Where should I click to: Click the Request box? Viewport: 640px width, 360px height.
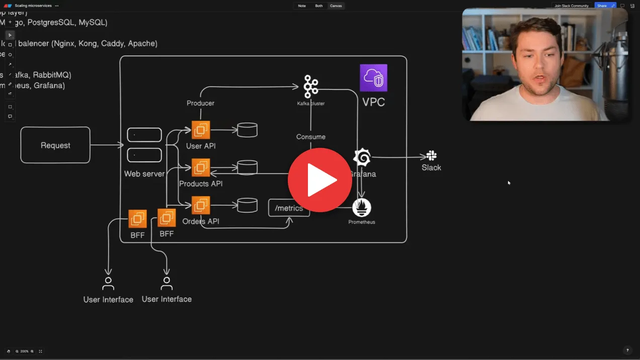click(55, 145)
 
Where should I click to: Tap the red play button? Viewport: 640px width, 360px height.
click(320, 180)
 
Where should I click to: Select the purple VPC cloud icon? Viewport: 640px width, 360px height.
click(373, 78)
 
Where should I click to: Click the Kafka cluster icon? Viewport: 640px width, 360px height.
click(311, 86)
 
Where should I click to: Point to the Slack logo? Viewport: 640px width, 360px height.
click(431, 156)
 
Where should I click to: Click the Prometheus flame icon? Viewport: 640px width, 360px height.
click(361, 208)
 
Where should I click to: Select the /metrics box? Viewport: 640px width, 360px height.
click(289, 208)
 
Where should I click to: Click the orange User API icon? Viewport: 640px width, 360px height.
click(201, 130)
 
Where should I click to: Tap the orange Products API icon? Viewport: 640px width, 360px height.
click(201, 168)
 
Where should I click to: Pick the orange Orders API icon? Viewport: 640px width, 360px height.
click(201, 205)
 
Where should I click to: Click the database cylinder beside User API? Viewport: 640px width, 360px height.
click(247, 130)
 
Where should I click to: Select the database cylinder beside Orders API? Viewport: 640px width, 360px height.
click(247, 205)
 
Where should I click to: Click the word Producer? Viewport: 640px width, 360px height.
click(200, 103)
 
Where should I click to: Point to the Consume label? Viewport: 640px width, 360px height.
click(310, 137)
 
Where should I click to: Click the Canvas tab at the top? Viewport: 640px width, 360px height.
click(336, 6)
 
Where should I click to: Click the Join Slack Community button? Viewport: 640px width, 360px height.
click(571, 6)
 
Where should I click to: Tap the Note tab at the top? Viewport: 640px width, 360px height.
click(302, 6)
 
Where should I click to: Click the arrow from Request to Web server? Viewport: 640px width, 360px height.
click(107, 145)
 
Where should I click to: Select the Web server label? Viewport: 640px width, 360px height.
click(144, 174)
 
